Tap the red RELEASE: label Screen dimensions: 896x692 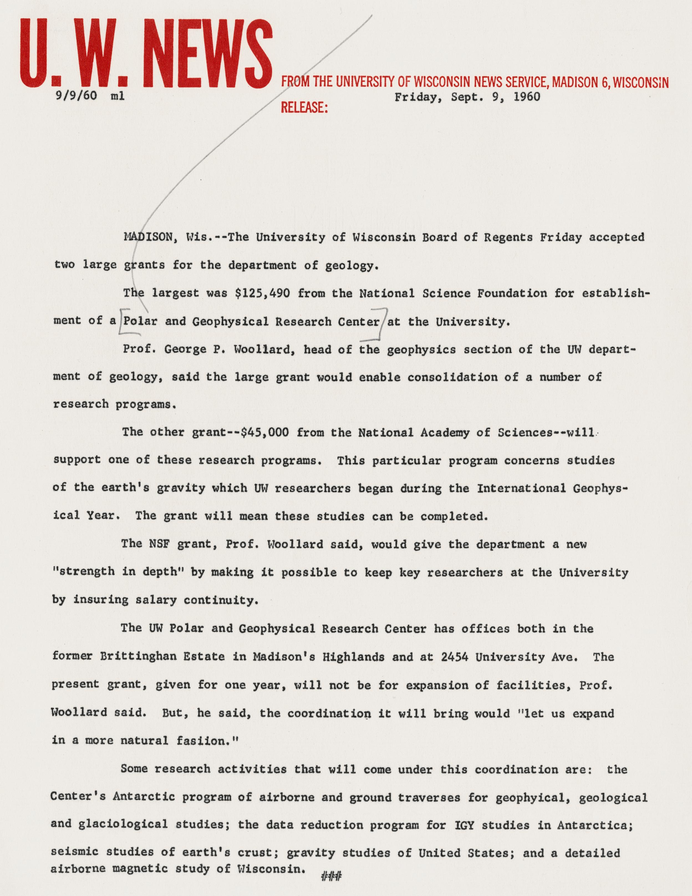click(304, 107)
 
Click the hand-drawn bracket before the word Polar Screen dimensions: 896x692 click(122, 322)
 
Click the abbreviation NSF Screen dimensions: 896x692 click(156, 545)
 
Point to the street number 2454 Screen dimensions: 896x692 click(455, 657)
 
